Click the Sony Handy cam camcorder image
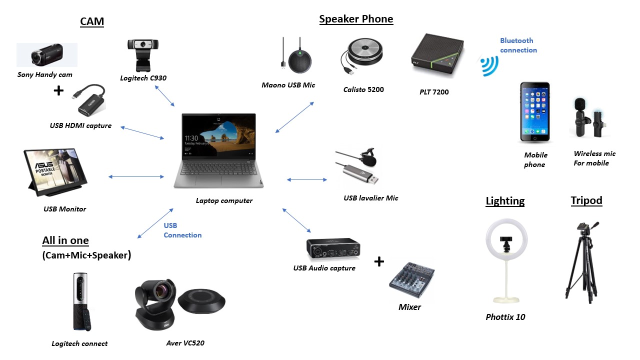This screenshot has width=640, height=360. [47, 54]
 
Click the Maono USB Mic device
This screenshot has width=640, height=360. [298, 56]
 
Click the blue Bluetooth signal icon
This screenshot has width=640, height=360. [489, 65]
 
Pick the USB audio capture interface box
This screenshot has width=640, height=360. [333, 248]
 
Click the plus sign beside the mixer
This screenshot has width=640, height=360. [379, 261]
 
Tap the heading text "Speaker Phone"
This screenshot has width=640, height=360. [356, 19]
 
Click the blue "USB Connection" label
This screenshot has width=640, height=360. [182, 230]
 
